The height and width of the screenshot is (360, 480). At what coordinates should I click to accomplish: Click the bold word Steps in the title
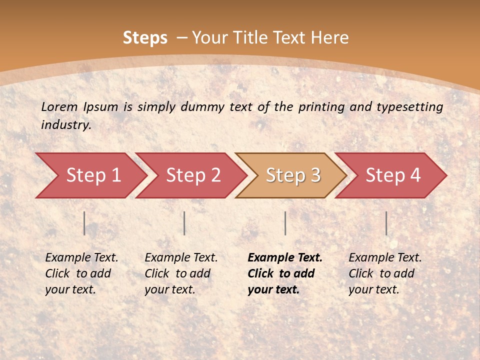pyautogui.click(x=145, y=38)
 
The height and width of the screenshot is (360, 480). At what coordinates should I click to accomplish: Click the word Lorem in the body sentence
pyautogui.click(x=59, y=106)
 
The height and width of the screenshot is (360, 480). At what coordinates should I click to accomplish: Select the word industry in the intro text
pyautogui.click(x=65, y=124)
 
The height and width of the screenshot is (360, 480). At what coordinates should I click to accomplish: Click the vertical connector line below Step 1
pyautogui.click(x=84, y=223)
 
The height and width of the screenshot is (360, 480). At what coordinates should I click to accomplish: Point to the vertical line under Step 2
pyautogui.click(x=184, y=223)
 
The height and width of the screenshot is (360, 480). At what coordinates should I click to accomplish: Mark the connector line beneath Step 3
pyautogui.click(x=285, y=223)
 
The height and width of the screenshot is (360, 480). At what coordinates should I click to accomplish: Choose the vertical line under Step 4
pyautogui.click(x=386, y=223)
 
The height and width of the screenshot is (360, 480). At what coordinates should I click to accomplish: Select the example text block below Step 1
pyautogui.click(x=81, y=273)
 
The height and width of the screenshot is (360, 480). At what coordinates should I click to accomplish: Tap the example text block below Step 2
pyautogui.click(x=180, y=273)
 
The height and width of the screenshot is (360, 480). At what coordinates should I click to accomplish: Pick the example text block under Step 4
pyautogui.click(x=384, y=273)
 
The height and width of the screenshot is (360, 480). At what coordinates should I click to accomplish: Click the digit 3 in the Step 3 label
pyautogui.click(x=315, y=175)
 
